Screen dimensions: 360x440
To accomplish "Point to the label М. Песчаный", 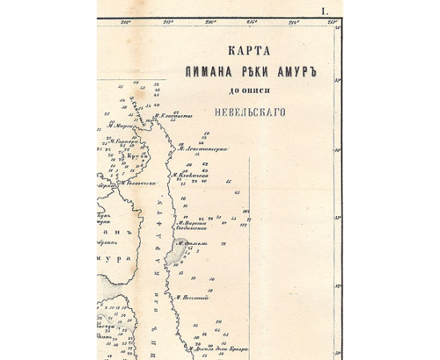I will coord(192,298).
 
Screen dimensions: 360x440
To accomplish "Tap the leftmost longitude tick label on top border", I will coord(126,22).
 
